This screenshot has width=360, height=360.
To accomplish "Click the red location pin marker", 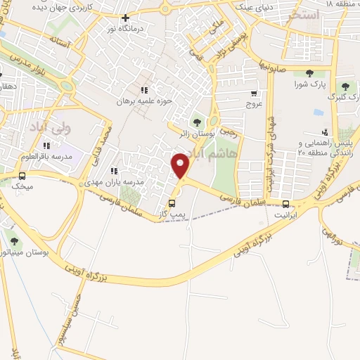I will pos(181,165).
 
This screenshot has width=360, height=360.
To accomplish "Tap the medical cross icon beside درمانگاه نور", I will pos(126,18).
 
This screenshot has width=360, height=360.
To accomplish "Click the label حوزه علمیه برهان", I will pos(145,101).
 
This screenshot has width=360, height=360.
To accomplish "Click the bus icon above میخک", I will pos(22,176).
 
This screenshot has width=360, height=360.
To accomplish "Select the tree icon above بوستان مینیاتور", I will pos(9,233).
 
